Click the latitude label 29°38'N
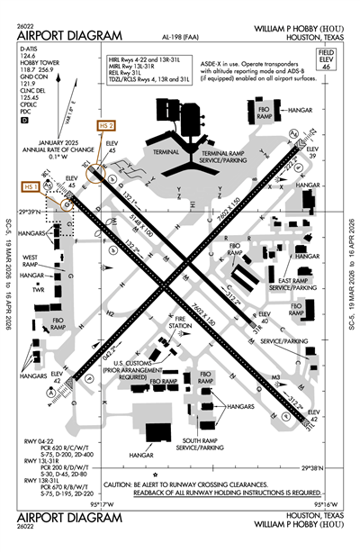pyautogui.click(x=329, y=468)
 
